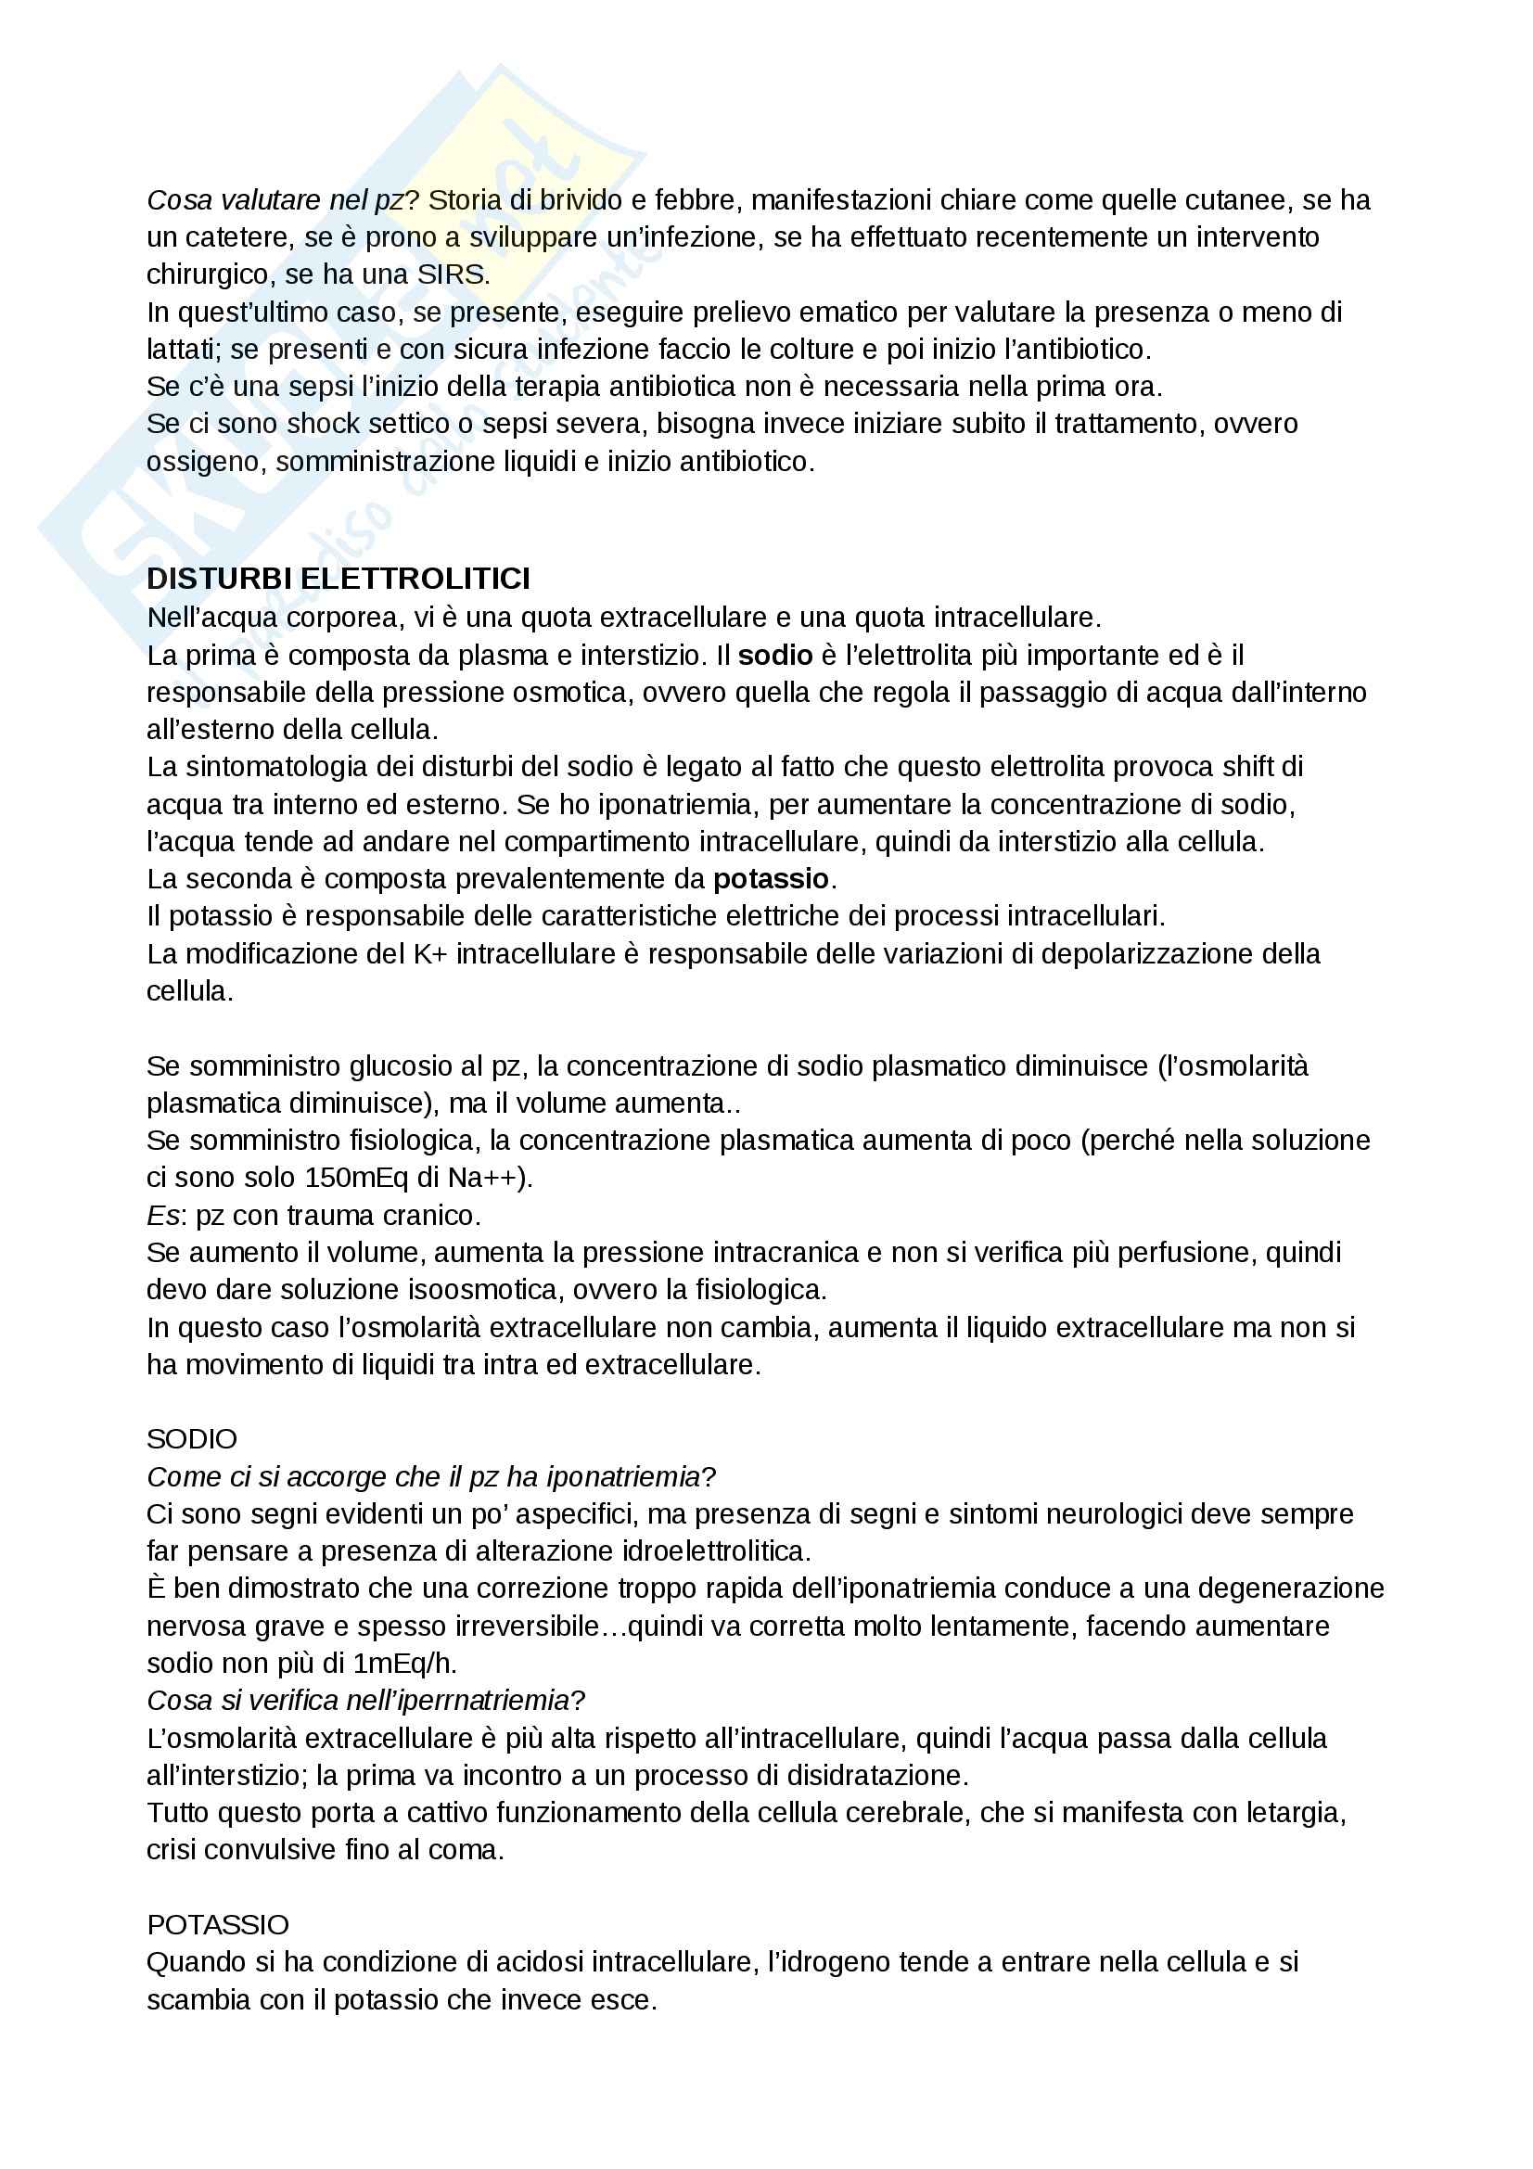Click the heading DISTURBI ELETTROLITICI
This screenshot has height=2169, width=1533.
pyautogui.click(x=339, y=578)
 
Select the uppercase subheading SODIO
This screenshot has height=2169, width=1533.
pyautogui.click(x=192, y=1439)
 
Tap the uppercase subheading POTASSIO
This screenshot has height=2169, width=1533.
pyautogui.click(x=217, y=1924)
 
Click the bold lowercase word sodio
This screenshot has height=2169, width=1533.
pyautogui.click(x=775, y=655)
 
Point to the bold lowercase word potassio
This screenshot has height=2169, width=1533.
pyautogui.click(x=771, y=878)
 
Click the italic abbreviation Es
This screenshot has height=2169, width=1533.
pyautogui.click(x=162, y=1216)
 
